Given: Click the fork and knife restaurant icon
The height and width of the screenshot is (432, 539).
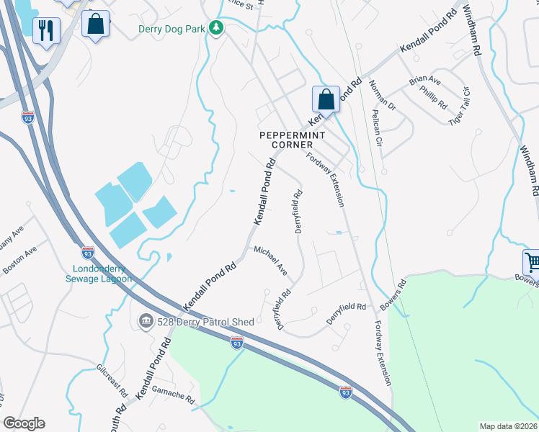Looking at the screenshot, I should (x=46, y=30).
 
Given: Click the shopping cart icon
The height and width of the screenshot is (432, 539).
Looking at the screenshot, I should (x=532, y=262).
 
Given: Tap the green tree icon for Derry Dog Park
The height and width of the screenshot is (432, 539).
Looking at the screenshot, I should (x=215, y=28).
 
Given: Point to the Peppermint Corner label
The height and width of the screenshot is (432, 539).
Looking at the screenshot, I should (x=293, y=140).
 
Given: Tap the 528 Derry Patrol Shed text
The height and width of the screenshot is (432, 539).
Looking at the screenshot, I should (x=205, y=322).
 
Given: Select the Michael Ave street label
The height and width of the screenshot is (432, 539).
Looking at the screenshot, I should (x=270, y=260).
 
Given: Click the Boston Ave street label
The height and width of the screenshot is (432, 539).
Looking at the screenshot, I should (x=19, y=259).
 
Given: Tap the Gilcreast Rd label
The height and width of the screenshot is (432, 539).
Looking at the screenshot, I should (x=112, y=381).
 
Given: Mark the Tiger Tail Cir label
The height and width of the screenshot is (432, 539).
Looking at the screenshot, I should (x=459, y=105).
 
